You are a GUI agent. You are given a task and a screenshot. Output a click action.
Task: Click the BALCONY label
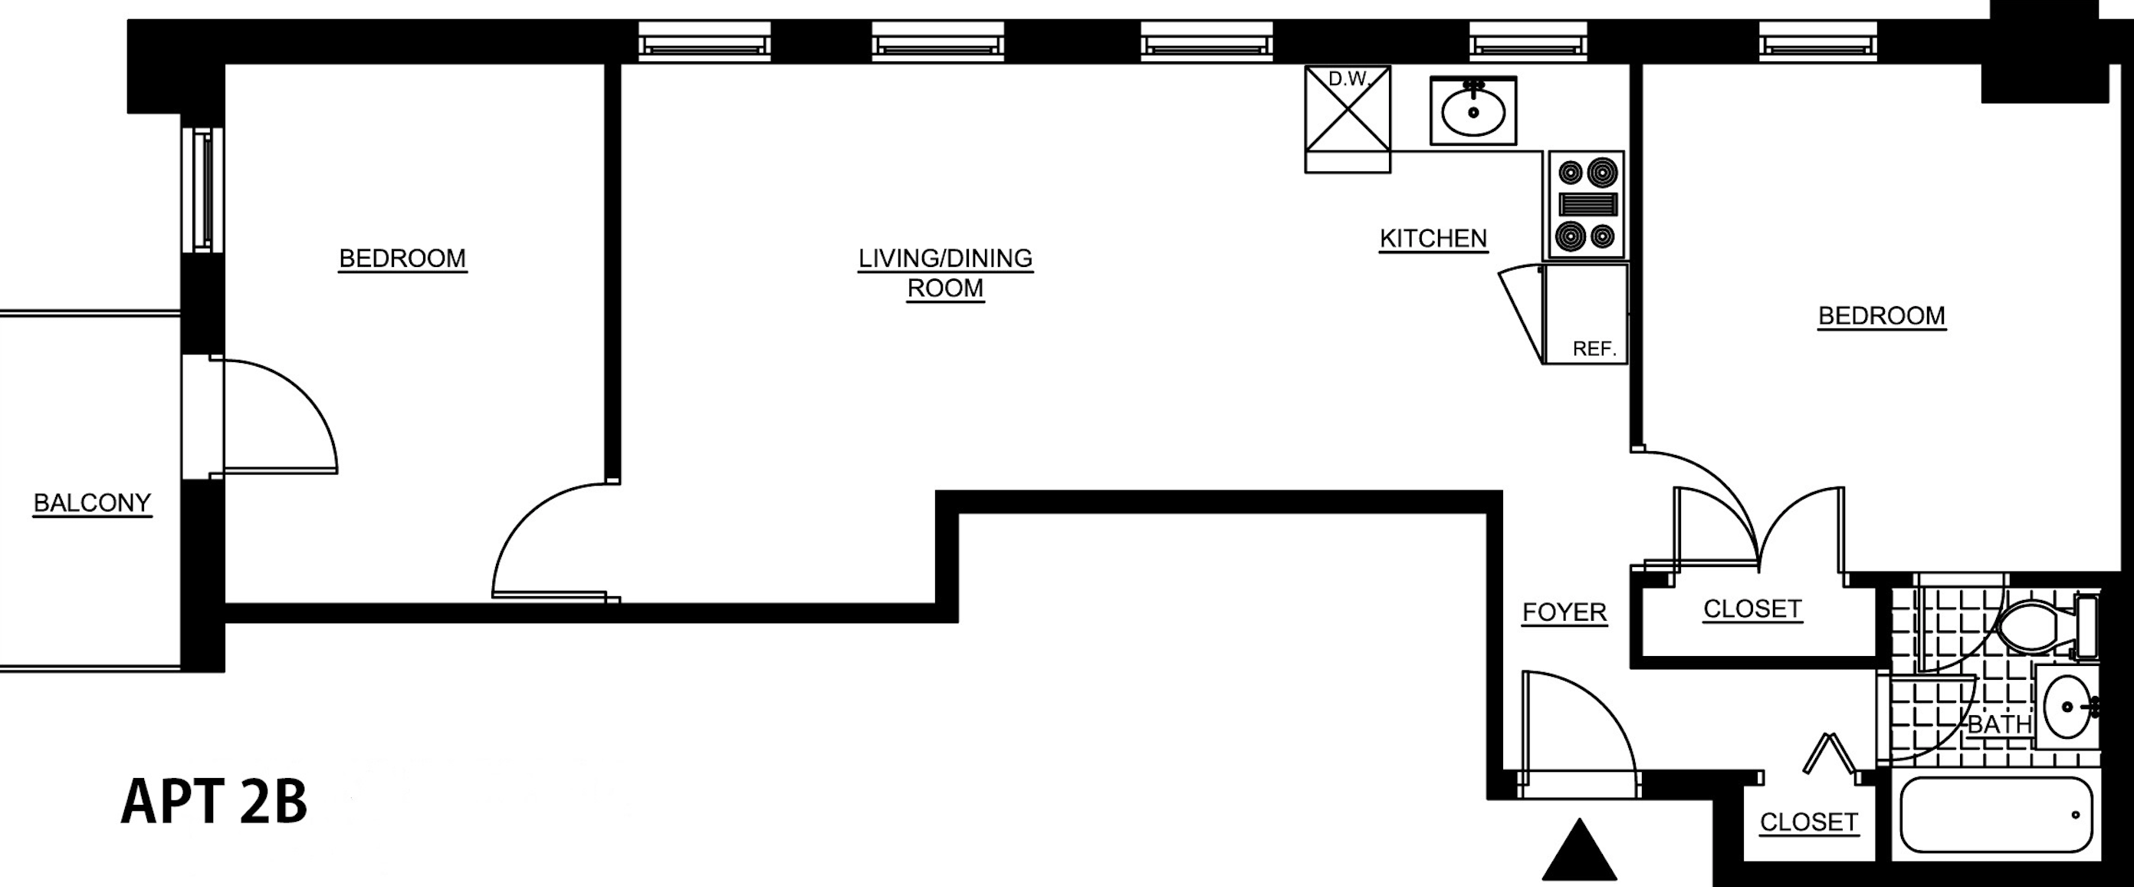[x=92, y=503]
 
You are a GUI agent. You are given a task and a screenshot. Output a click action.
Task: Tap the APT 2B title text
[x=214, y=802]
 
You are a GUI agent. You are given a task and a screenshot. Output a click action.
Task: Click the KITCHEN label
[x=1433, y=239]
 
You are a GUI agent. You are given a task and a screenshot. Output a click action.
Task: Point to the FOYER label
[x=1564, y=612]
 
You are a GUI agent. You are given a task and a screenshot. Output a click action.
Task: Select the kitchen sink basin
[x=1473, y=111]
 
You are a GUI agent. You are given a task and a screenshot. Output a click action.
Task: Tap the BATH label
[x=1999, y=724]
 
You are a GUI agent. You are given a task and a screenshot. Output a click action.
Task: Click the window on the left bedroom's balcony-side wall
[x=203, y=190]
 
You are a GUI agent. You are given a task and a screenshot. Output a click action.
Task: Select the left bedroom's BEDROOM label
[x=402, y=259]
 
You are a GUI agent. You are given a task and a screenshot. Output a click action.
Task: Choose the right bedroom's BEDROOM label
[x=1881, y=316]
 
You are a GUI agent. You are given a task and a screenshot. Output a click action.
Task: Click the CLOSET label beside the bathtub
[x=1808, y=823]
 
